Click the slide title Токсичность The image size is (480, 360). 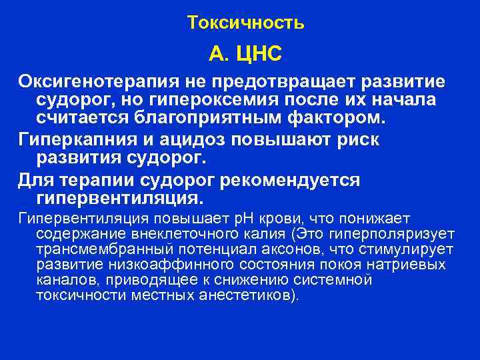[x=245, y=23]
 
